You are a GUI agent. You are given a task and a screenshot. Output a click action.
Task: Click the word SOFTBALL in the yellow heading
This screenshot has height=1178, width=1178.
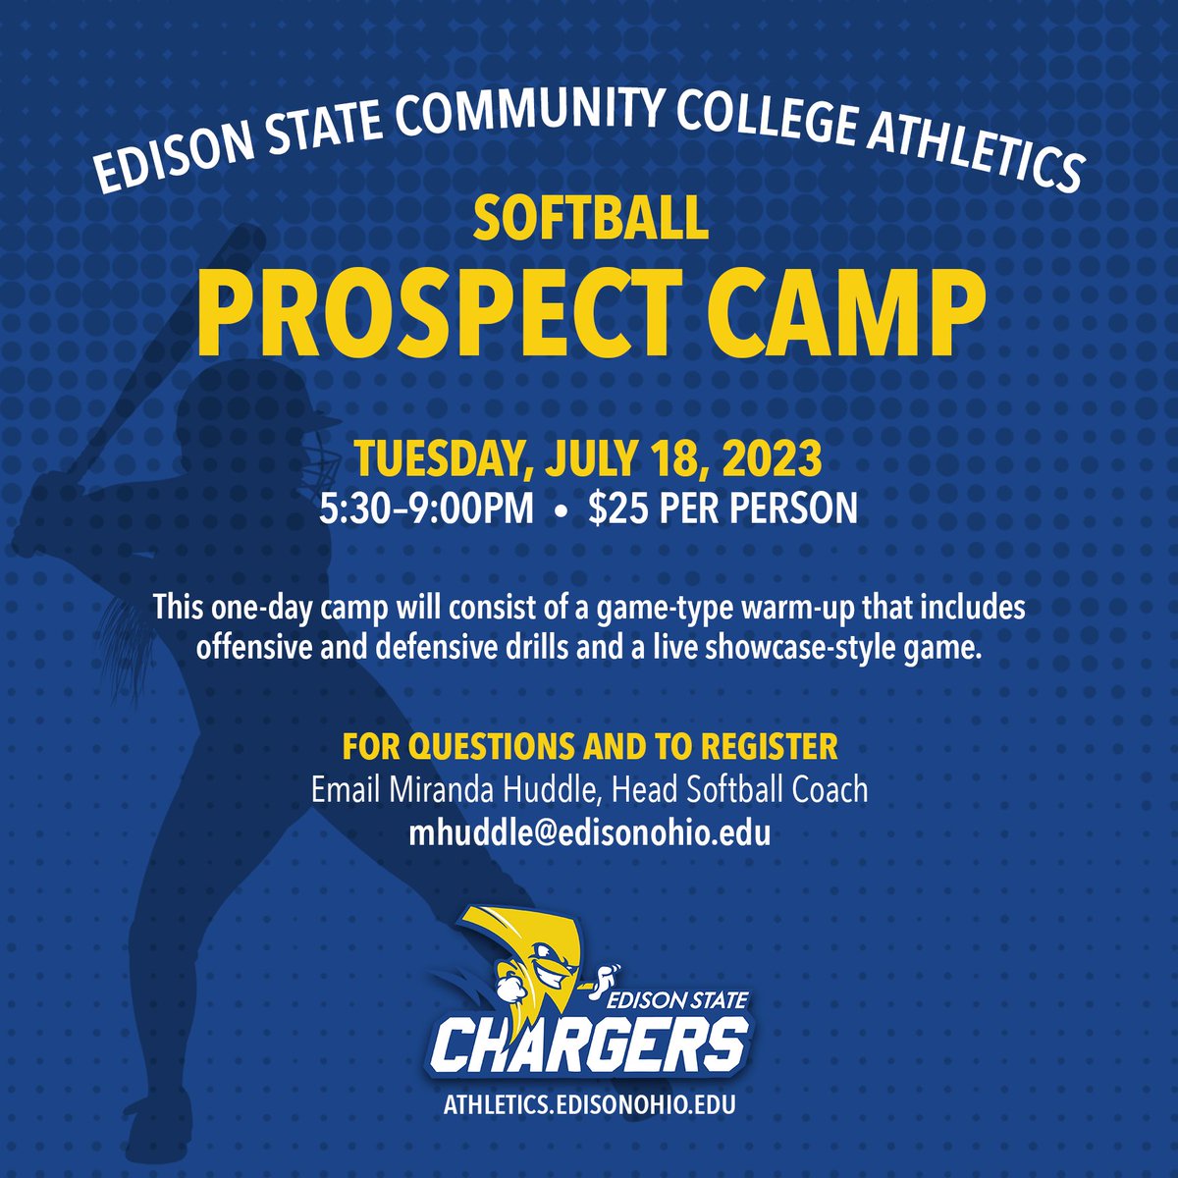pos(590,218)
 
